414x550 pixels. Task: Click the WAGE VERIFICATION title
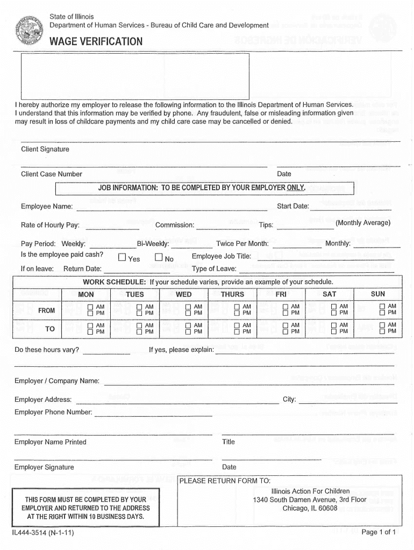point(96,42)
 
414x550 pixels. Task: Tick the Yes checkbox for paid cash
point(122,257)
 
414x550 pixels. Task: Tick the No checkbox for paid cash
point(159,257)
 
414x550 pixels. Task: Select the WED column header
point(183,294)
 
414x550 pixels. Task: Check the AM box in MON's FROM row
point(91,307)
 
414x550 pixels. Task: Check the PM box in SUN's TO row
point(383,331)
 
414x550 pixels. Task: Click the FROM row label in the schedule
point(46,310)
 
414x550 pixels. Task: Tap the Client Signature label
point(45,149)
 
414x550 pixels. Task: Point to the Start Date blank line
point(351,209)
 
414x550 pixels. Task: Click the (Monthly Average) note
point(363,223)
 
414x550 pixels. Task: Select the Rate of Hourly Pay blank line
point(112,228)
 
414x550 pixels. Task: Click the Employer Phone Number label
point(53,412)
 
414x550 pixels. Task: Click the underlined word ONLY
point(296,188)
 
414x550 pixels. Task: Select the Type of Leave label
point(214,269)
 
